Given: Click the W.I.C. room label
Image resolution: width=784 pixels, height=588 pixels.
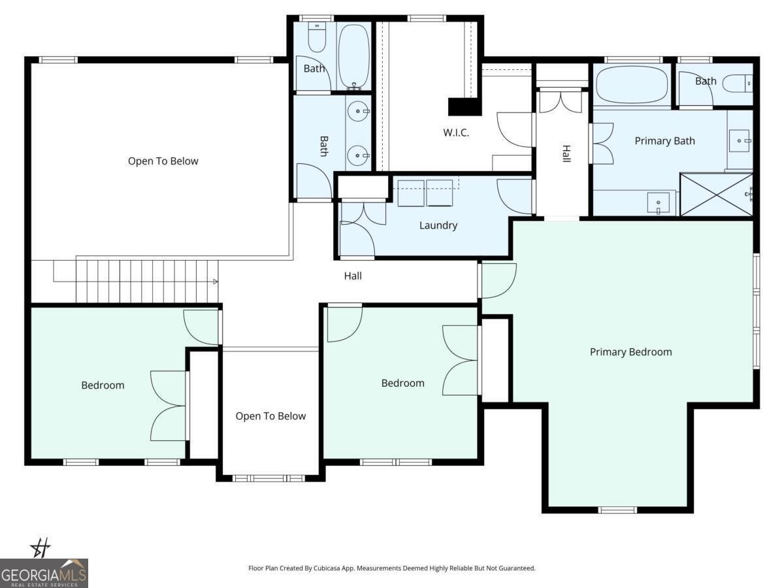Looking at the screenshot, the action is [x=456, y=133].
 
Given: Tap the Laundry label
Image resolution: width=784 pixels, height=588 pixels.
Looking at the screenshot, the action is [x=438, y=225].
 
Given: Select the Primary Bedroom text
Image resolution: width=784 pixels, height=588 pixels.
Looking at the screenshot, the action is [x=630, y=352].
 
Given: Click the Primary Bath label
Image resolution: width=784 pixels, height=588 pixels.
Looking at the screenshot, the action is [x=664, y=141].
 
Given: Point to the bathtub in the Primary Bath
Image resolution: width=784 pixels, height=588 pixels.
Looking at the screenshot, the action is [x=632, y=84].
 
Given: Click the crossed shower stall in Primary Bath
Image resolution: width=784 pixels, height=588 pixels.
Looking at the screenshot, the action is [x=717, y=195].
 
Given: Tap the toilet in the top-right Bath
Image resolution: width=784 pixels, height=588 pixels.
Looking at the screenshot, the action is [x=738, y=84].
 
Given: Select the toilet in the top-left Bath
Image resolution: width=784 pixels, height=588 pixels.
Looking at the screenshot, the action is [x=317, y=37].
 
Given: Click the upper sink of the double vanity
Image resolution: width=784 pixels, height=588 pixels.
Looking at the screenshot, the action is [x=358, y=111].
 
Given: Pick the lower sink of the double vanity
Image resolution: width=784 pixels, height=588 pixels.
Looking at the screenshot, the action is [x=358, y=155].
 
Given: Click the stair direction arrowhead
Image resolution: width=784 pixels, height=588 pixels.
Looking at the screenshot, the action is [x=216, y=282].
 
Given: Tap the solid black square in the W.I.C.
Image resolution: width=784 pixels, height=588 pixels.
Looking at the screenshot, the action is [x=465, y=106].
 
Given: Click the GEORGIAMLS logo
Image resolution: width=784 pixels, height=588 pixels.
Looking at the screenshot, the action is [x=44, y=574].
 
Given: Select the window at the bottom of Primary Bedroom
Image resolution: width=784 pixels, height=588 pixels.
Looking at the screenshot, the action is [x=617, y=510].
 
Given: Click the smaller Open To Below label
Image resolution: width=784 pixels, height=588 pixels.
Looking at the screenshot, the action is [x=270, y=416].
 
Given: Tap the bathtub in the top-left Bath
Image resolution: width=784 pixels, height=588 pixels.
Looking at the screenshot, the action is [x=353, y=56].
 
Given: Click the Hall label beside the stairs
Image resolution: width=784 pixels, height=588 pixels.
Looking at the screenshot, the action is [x=353, y=276].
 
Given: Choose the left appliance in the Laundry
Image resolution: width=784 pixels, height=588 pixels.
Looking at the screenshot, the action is [x=411, y=193].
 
